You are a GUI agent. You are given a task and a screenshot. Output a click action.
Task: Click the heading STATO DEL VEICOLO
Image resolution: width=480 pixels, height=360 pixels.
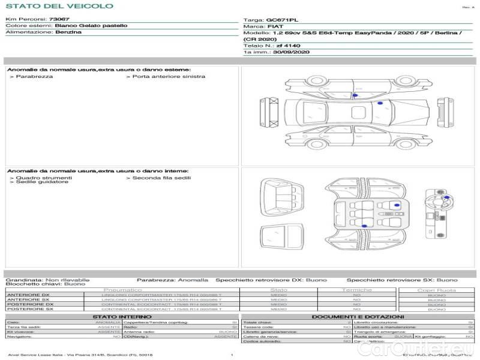[x=59, y=6]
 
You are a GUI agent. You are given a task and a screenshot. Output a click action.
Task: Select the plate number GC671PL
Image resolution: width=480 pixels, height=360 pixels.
[x=281, y=20]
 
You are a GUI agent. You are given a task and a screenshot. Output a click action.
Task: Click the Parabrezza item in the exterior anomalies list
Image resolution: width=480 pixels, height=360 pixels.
[x=34, y=77]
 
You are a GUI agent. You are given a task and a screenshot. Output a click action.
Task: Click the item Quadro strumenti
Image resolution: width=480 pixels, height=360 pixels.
[x=44, y=178]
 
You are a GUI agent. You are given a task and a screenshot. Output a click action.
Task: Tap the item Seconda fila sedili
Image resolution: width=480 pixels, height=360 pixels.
[x=161, y=178]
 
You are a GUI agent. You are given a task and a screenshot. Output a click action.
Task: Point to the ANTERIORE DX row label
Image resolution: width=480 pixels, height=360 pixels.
[x=28, y=295]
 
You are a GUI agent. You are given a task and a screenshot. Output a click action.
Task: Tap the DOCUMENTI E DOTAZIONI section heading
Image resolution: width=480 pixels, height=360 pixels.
[x=358, y=316]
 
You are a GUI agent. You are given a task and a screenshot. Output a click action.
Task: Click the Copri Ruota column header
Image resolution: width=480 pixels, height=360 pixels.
[x=436, y=290]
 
